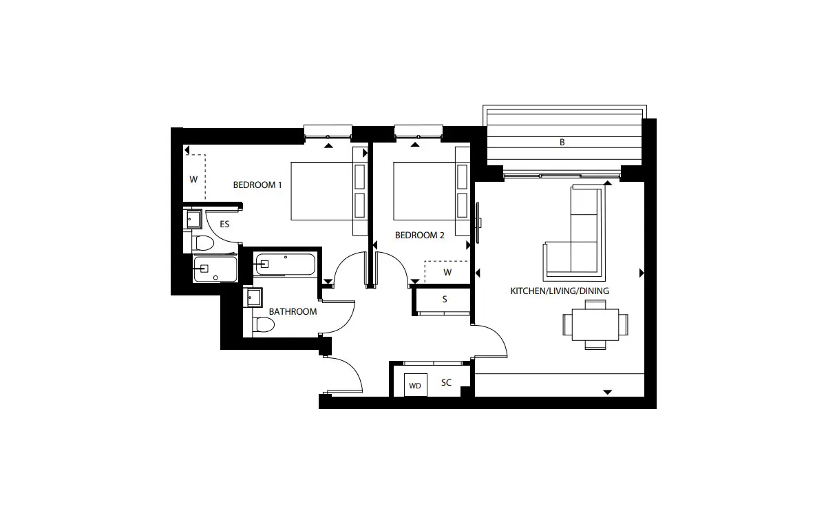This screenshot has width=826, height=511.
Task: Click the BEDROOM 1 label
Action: coord(257,185)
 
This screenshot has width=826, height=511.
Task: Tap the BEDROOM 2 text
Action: coord(420,235)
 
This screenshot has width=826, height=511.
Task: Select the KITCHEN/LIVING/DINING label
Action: coord(560,291)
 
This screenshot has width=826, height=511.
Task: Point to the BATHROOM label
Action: coord(293,312)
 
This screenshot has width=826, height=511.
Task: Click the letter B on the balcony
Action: coord(562,142)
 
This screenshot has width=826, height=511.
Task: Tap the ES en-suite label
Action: coord(224,224)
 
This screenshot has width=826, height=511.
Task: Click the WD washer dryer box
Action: coord(415,385)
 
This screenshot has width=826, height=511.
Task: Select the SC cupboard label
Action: coord(446,383)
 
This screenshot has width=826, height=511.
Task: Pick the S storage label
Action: coord(445,299)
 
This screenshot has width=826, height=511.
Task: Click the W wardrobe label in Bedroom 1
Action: coord(193,180)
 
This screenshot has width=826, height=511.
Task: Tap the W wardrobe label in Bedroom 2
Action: coord(447,272)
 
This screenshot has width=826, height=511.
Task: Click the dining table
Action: coord(595,324)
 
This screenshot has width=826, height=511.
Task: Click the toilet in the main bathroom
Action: coord(263,324)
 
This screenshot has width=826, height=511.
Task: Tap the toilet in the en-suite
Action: coord(203,243)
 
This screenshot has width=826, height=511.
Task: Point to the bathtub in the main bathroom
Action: coord(285,264)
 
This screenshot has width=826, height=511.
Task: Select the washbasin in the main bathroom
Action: coord(253,298)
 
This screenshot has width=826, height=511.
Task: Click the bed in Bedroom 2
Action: coord(432,191)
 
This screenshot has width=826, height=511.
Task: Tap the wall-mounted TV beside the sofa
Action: coord(478,223)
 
